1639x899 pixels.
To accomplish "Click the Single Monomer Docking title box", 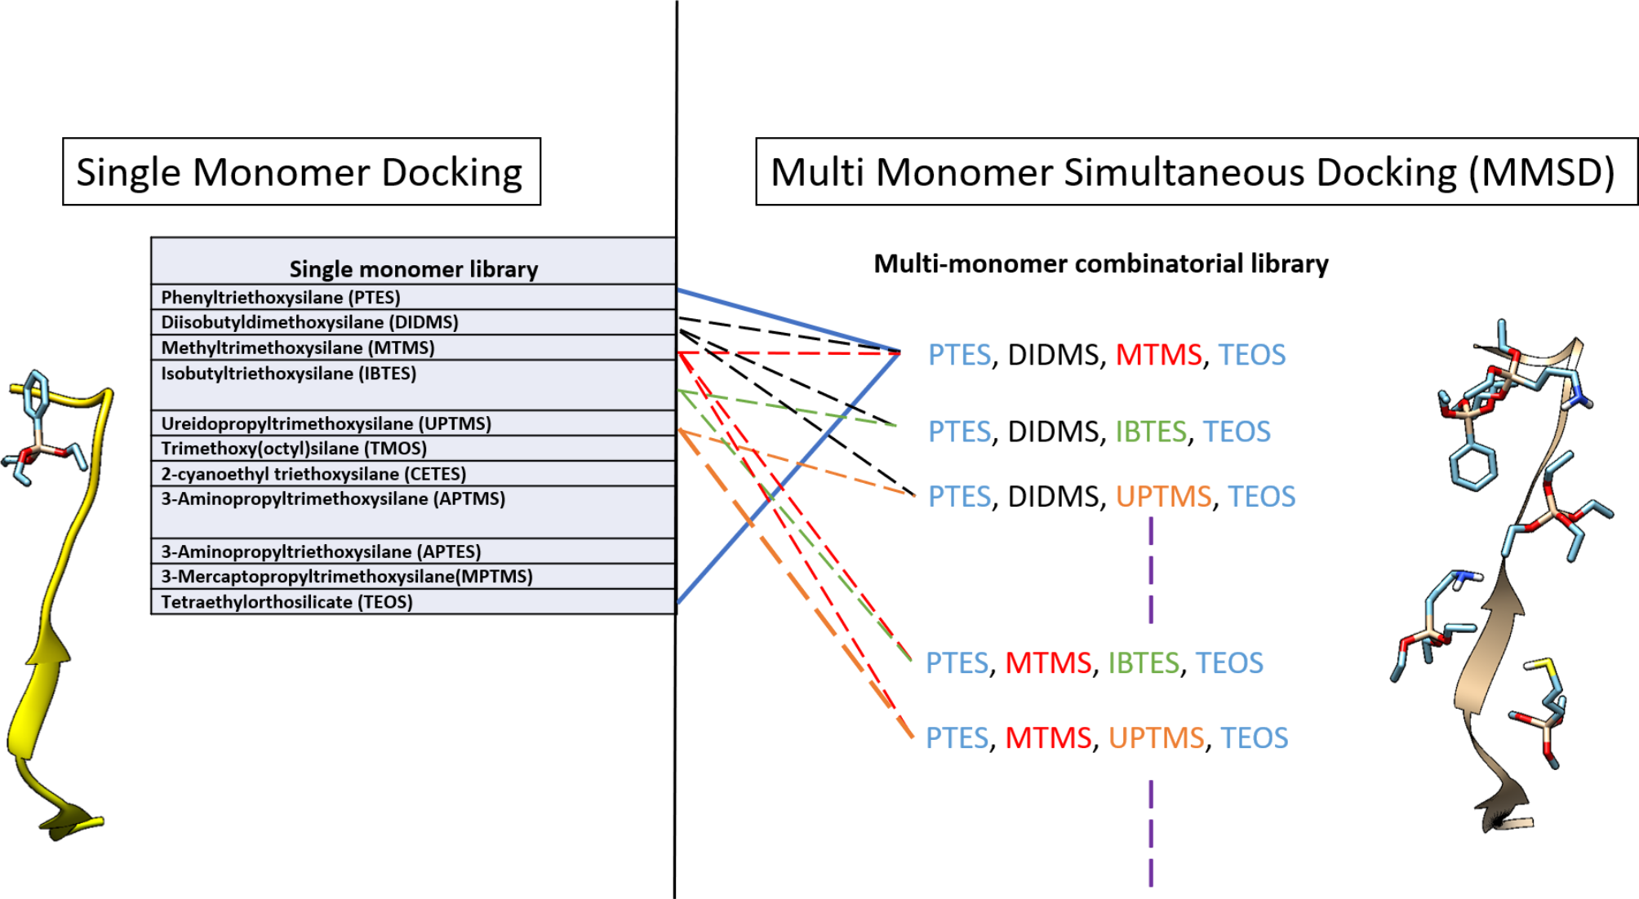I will click(x=300, y=172).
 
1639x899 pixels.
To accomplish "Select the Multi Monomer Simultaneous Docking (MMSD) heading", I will click(x=1193, y=172).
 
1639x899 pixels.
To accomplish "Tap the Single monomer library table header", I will click(x=413, y=268).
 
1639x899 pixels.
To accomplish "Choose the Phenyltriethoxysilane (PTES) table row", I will click(x=281, y=297).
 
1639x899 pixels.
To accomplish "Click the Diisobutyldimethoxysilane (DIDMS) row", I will click(x=309, y=322).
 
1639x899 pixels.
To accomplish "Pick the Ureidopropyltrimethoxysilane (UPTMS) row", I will click(x=326, y=423).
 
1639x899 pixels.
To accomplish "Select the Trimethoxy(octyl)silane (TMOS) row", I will click(x=294, y=449).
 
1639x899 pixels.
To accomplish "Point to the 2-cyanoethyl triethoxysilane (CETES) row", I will click(x=313, y=474).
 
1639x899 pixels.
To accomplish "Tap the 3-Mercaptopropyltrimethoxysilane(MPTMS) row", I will click(x=346, y=577).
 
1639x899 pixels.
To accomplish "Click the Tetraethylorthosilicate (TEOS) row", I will click(x=286, y=602).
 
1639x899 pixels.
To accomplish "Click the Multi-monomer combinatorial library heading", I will click(x=1100, y=263).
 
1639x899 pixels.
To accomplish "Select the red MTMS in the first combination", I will click(x=1158, y=355).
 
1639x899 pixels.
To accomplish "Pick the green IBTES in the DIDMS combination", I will click(x=1150, y=432).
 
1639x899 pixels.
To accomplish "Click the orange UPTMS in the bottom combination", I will click(x=1156, y=738).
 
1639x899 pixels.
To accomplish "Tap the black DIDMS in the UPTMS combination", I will click(x=1053, y=497).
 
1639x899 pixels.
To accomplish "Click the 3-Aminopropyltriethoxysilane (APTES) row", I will click(x=321, y=551).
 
